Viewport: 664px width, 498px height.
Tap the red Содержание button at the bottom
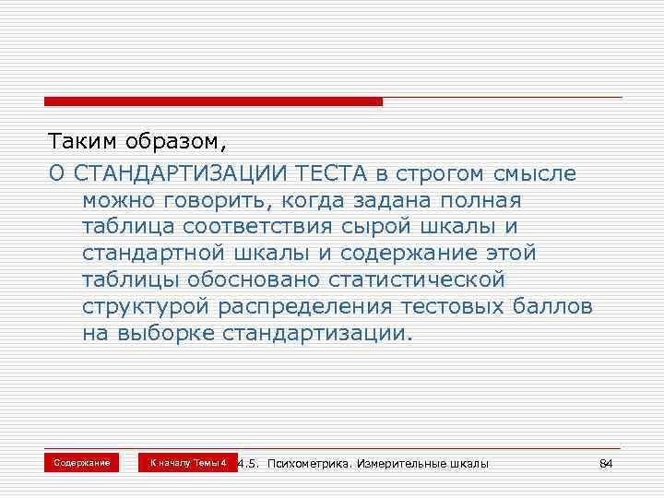[81, 462]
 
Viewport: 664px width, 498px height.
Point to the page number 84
[606, 463]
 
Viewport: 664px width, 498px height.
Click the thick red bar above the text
[213, 101]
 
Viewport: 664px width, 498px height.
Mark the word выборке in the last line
[166, 332]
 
